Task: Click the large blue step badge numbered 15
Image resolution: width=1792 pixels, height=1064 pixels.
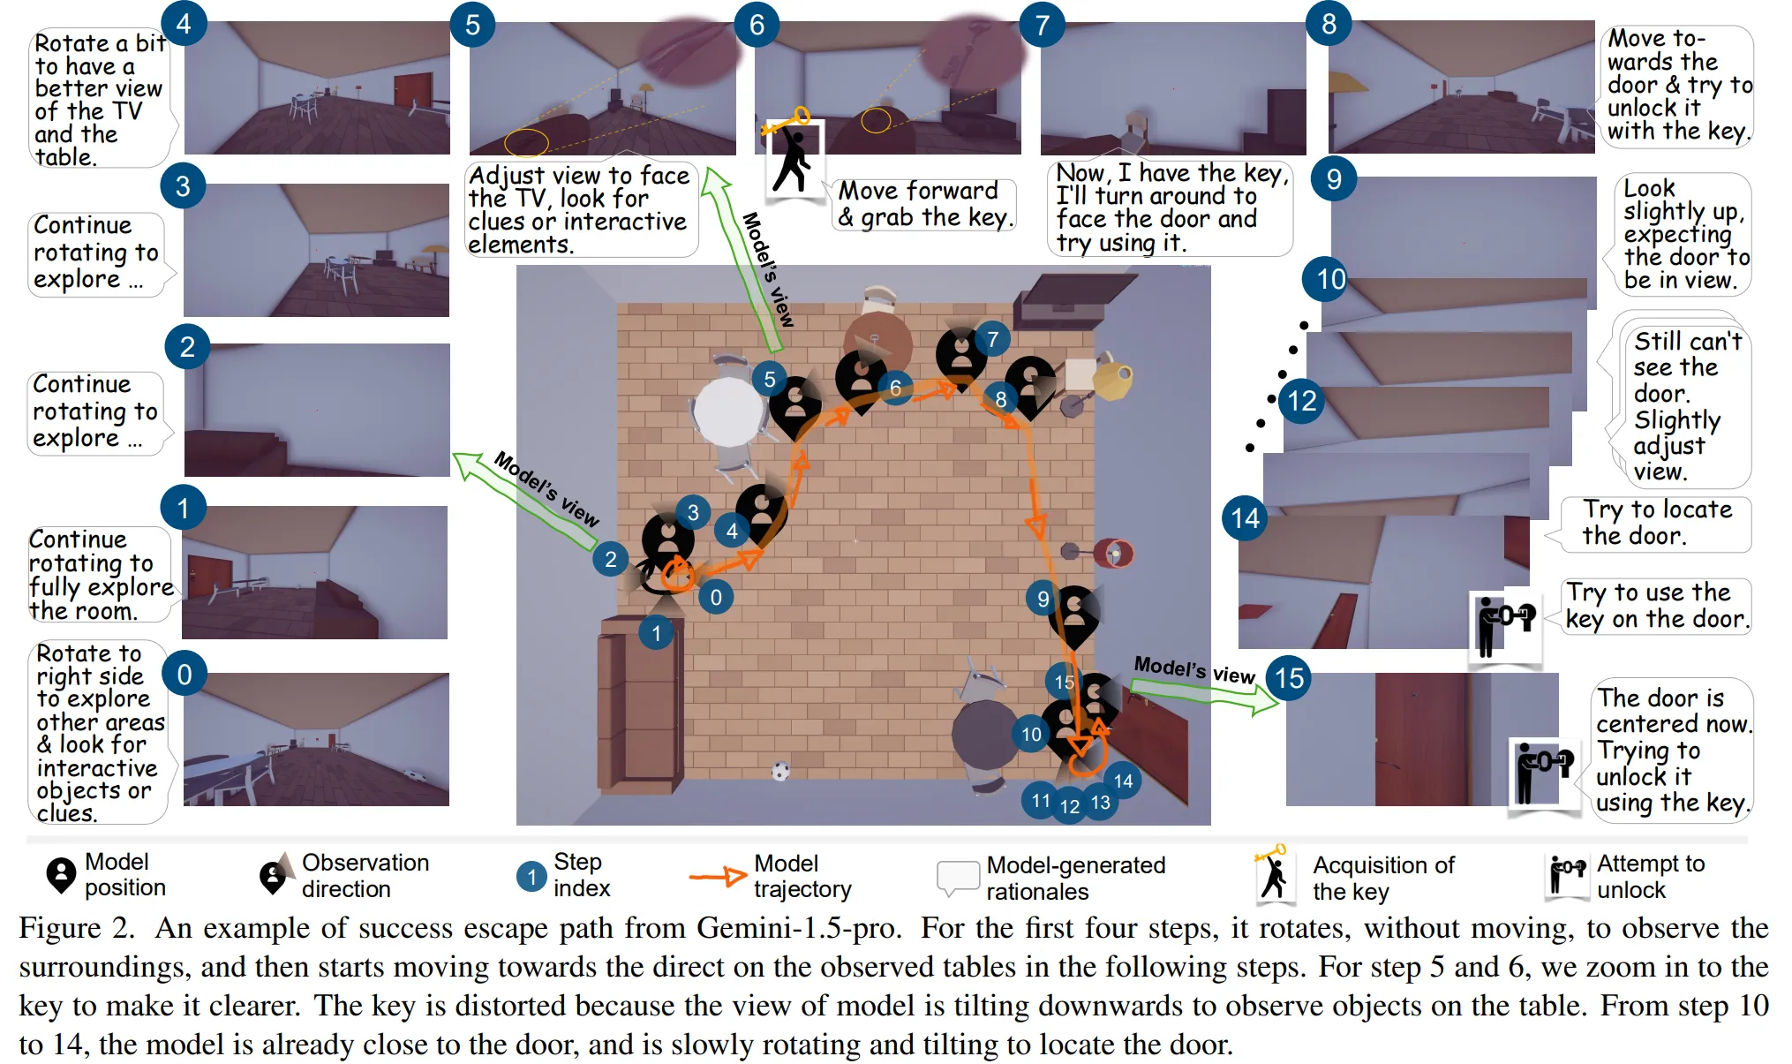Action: pos(1289,678)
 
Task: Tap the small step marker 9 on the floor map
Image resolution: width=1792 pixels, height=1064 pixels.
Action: pos(1043,599)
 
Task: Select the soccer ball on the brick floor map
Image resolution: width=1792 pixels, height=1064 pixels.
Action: pos(780,771)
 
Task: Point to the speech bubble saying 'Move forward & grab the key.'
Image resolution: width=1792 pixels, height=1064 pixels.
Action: pos(923,204)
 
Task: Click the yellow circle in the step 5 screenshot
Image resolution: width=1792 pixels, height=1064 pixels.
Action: pos(526,141)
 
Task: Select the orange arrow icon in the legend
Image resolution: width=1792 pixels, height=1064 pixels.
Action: pos(718,876)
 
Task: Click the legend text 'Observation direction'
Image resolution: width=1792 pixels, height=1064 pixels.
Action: pos(365,875)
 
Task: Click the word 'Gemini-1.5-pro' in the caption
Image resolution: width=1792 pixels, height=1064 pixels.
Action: pos(798,928)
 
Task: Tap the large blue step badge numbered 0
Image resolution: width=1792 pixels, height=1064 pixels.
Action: pos(184,675)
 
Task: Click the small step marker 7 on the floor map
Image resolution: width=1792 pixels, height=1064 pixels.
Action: pos(993,339)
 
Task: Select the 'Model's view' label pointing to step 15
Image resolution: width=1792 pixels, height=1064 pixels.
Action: pos(1194,670)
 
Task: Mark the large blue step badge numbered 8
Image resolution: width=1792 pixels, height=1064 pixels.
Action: pos(1329,24)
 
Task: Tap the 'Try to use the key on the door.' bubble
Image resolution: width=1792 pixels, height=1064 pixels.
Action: pos(1656,605)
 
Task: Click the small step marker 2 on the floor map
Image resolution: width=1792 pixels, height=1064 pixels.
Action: pos(610,559)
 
